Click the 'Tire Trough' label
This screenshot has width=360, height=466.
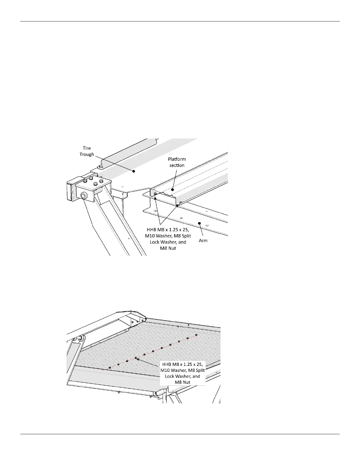(x=87, y=151)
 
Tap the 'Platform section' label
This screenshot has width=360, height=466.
(x=176, y=162)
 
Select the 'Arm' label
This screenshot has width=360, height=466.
(x=203, y=241)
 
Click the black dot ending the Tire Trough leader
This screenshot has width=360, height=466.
(x=134, y=171)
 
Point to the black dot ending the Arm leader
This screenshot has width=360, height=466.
(x=200, y=223)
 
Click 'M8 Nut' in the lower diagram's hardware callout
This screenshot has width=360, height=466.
(x=183, y=382)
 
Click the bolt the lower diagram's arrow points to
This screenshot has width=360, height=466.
(x=136, y=358)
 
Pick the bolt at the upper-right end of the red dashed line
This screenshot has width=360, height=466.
(x=196, y=335)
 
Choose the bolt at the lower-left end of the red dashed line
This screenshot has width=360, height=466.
(x=110, y=368)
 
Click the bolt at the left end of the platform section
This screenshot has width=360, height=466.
(x=155, y=194)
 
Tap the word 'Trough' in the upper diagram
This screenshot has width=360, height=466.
(x=87, y=154)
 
